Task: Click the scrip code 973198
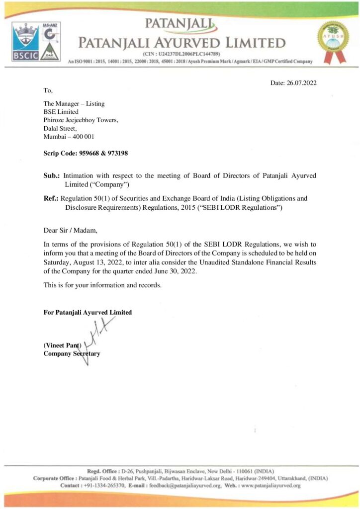pos(118,154)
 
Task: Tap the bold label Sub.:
pos(52,176)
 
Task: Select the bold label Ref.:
pos(52,198)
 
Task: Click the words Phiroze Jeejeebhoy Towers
pos(81,120)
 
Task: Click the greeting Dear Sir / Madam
pos(71,230)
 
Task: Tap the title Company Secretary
pos(72,353)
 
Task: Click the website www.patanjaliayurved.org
pos(270,485)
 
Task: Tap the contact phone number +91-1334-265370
pos(104,485)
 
